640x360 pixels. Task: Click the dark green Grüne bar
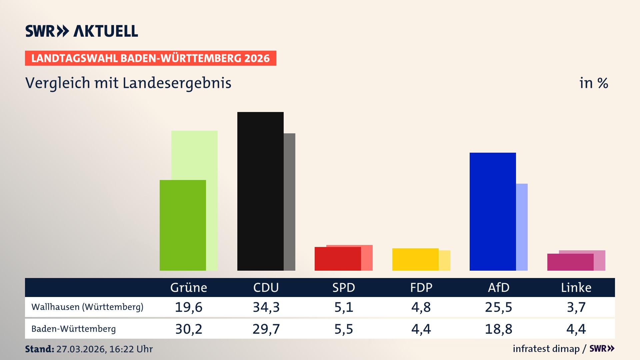(x=183, y=225)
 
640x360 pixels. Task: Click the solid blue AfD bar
(x=493, y=211)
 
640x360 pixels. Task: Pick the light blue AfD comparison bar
(x=522, y=227)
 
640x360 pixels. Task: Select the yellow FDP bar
(x=415, y=259)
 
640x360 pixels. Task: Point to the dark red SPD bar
(x=338, y=259)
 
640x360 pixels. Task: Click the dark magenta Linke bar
(x=570, y=262)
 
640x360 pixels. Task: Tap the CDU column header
(x=266, y=287)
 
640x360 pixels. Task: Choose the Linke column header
(x=576, y=287)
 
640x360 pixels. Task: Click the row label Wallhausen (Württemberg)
(x=87, y=307)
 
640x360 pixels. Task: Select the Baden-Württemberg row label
(x=74, y=329)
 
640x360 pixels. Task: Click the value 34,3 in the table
(x=266, y=307)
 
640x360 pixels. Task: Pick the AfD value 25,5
(x=498, y=307)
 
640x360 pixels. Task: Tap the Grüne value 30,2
(x=189, y=329)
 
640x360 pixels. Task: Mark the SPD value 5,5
(x=344, y=329)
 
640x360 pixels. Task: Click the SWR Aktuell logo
(x=82, y=31)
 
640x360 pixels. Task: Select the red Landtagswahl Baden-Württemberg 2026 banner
(x=150, y=58)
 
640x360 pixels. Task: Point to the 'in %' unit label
(x=594, y=83)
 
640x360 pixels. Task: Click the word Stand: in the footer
(x=39, y=349)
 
